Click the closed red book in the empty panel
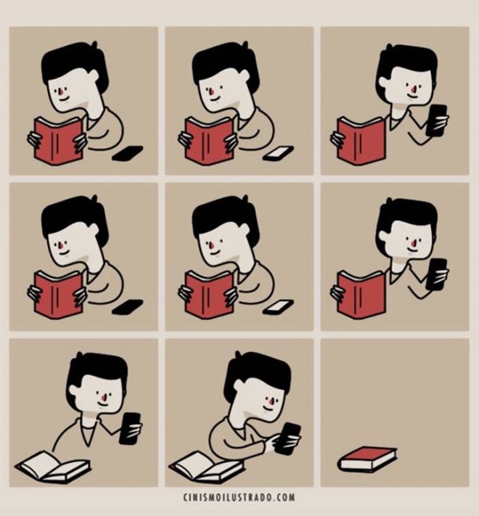click(367, 459)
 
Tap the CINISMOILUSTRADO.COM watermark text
click(239, 497)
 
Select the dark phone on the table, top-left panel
click(127, 153)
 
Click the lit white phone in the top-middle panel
click(278, 153)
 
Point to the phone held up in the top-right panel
click(437, 120)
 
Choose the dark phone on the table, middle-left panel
click(127, 307)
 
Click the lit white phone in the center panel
click(278, 307)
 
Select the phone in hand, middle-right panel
click(437, 274)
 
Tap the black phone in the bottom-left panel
click(130, 428)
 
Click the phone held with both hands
click(288, 438)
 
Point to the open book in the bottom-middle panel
click(206, 466)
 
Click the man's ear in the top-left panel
click(94, 74)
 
